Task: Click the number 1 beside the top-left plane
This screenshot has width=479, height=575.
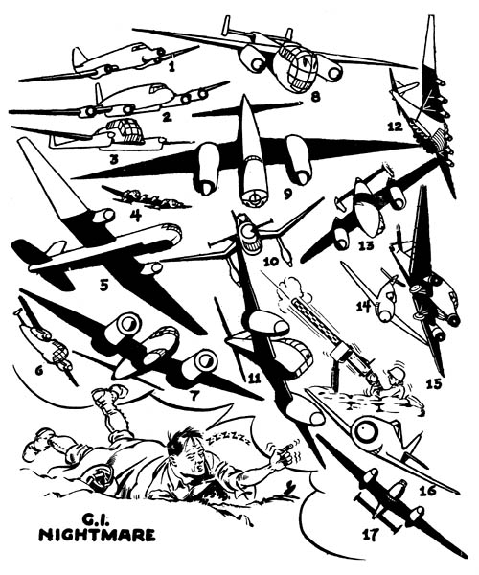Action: pyautogui.click(x=171, y=67)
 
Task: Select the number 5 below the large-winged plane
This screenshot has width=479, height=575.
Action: pyautogui.click(x=103, y=284)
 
